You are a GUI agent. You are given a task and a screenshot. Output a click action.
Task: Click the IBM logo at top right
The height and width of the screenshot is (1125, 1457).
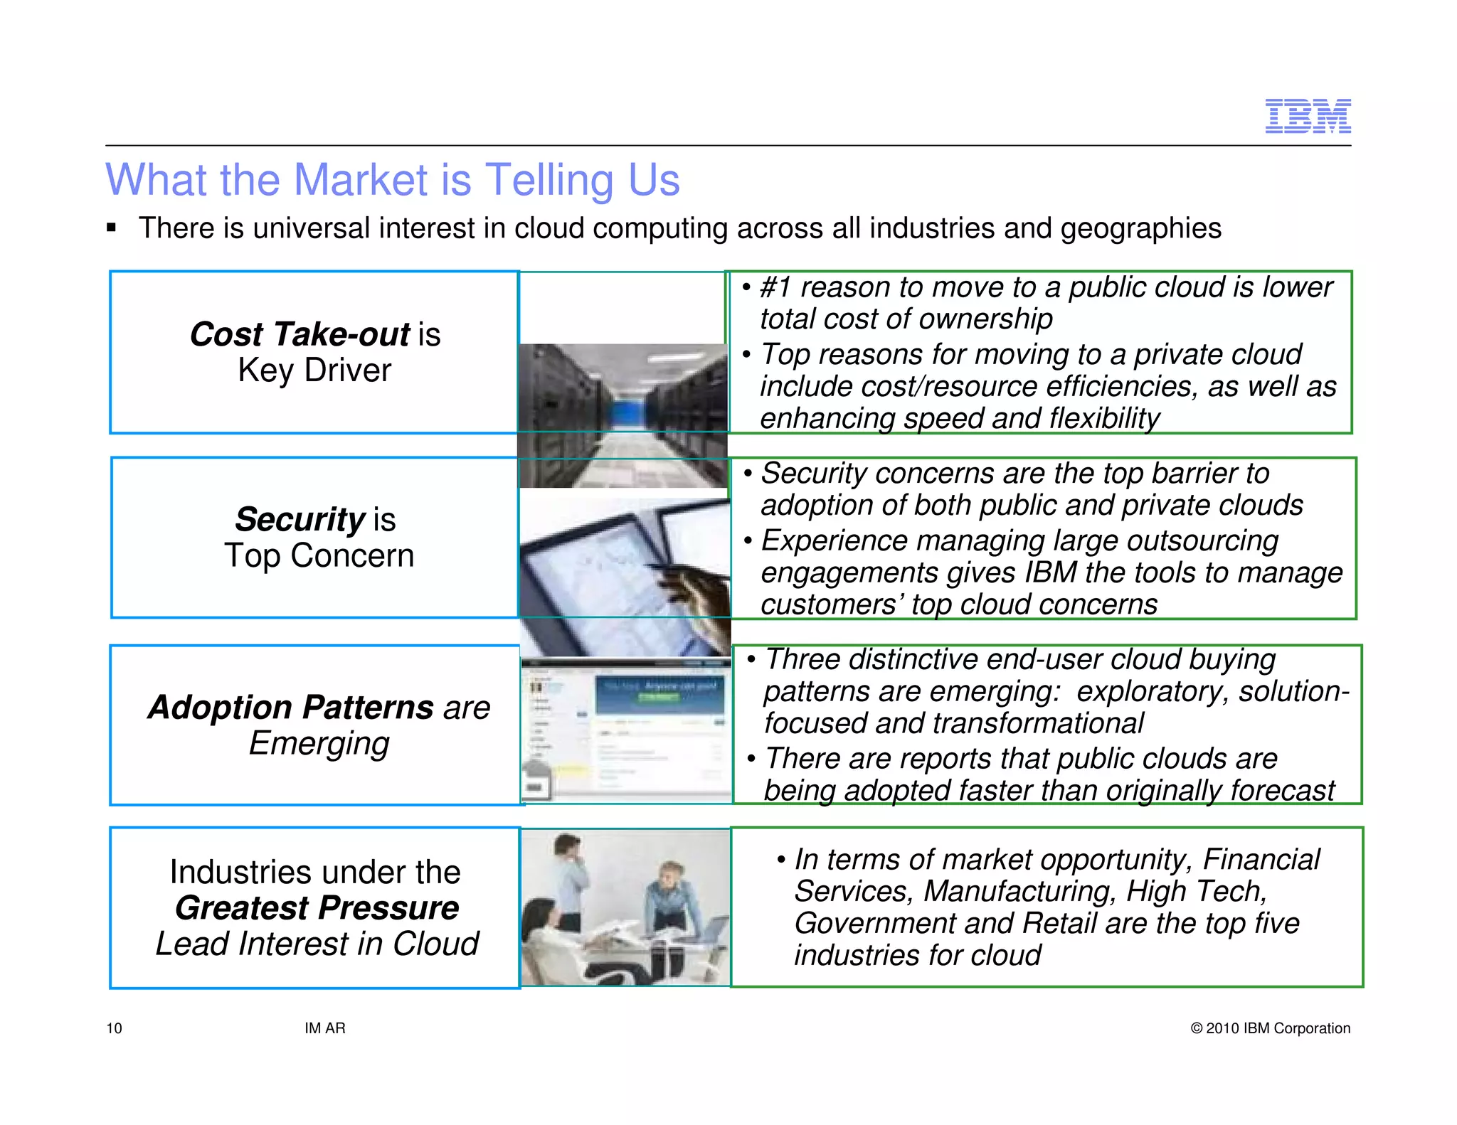click(x=1308, y=116)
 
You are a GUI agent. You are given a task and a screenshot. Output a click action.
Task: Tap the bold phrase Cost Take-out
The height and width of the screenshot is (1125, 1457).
click(x=300, y=334)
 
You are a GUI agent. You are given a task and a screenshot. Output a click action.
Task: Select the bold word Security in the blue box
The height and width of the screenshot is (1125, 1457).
click(x=300, y=520)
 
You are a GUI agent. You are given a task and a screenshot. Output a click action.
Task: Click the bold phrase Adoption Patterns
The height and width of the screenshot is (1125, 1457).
click(x=290, y=708)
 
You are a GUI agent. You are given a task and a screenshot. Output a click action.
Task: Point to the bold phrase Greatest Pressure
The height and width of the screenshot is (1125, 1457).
click(x=317, y=908)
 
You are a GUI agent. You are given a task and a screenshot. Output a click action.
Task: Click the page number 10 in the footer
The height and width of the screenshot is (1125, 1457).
click(x=114, y=1028)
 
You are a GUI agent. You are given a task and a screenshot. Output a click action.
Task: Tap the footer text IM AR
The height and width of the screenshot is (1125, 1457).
click(x=324, y=1028)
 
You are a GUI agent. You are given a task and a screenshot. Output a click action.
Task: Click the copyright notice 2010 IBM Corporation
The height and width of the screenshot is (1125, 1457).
click(x=1270, y=1028)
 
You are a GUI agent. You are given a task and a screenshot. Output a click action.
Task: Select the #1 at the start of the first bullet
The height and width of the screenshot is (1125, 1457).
click(x=775, y=288)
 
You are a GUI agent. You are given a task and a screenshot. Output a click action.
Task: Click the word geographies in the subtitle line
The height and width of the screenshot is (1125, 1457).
click(x=1140, y=229)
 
